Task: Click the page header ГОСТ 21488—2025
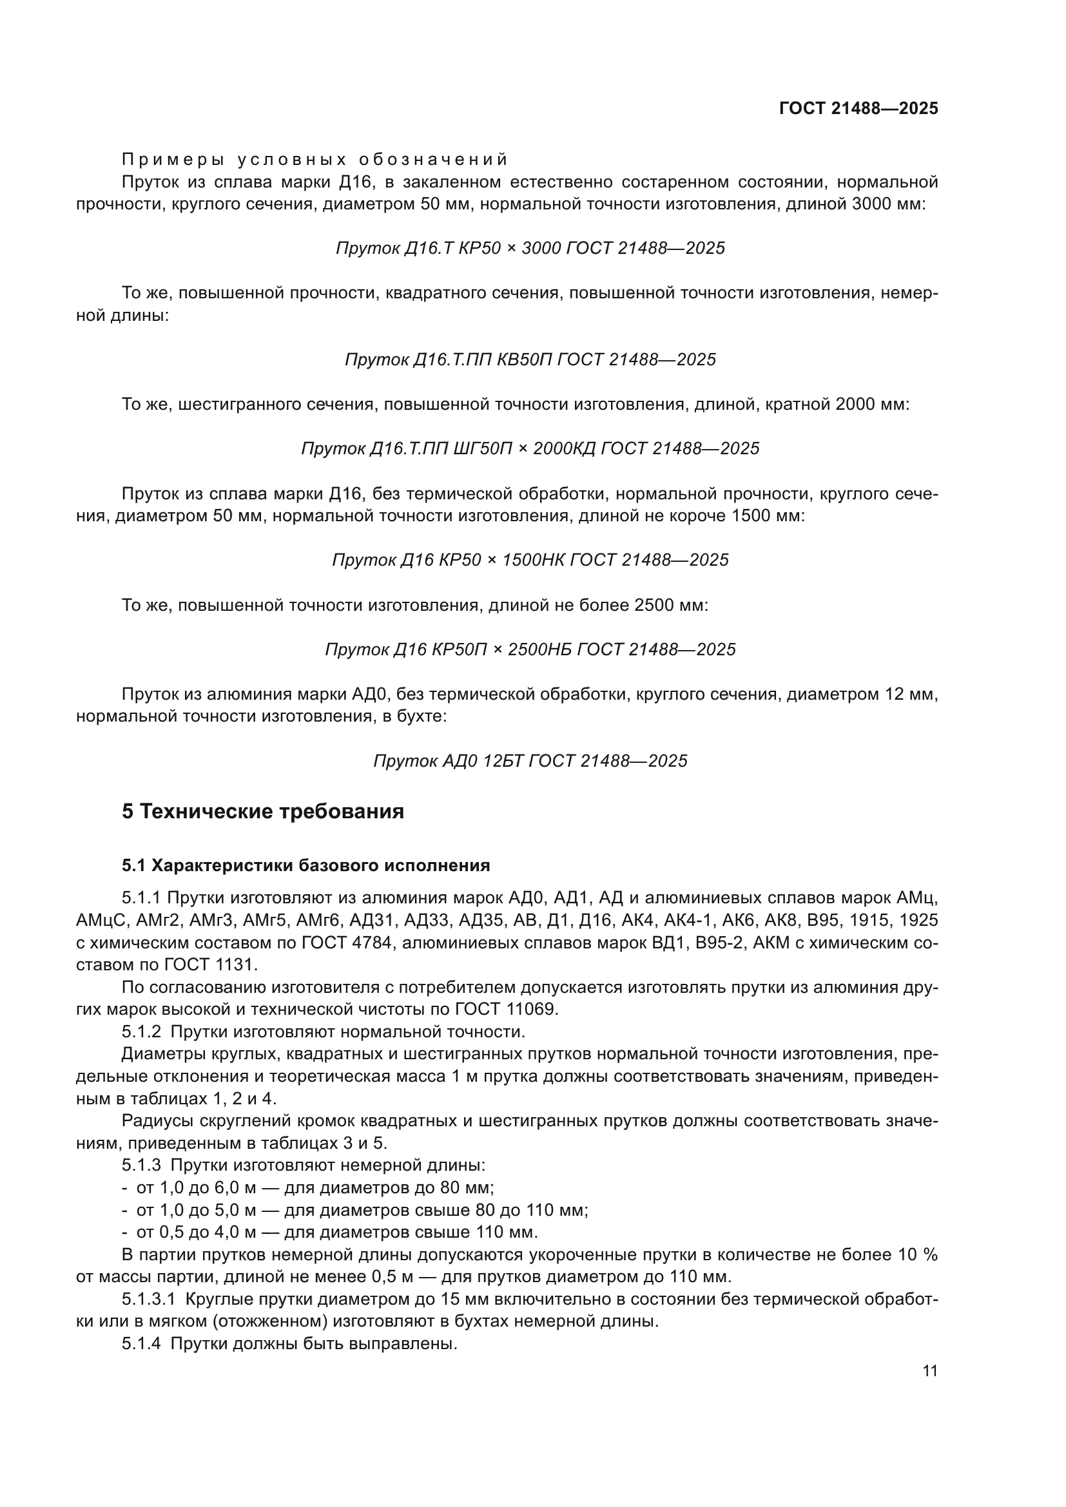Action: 858,108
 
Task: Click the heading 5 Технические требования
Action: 262,812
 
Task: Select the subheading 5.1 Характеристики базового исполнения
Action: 306,866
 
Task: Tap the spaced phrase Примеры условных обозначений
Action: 315,160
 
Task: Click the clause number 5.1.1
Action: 141,897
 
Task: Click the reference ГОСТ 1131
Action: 217,965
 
